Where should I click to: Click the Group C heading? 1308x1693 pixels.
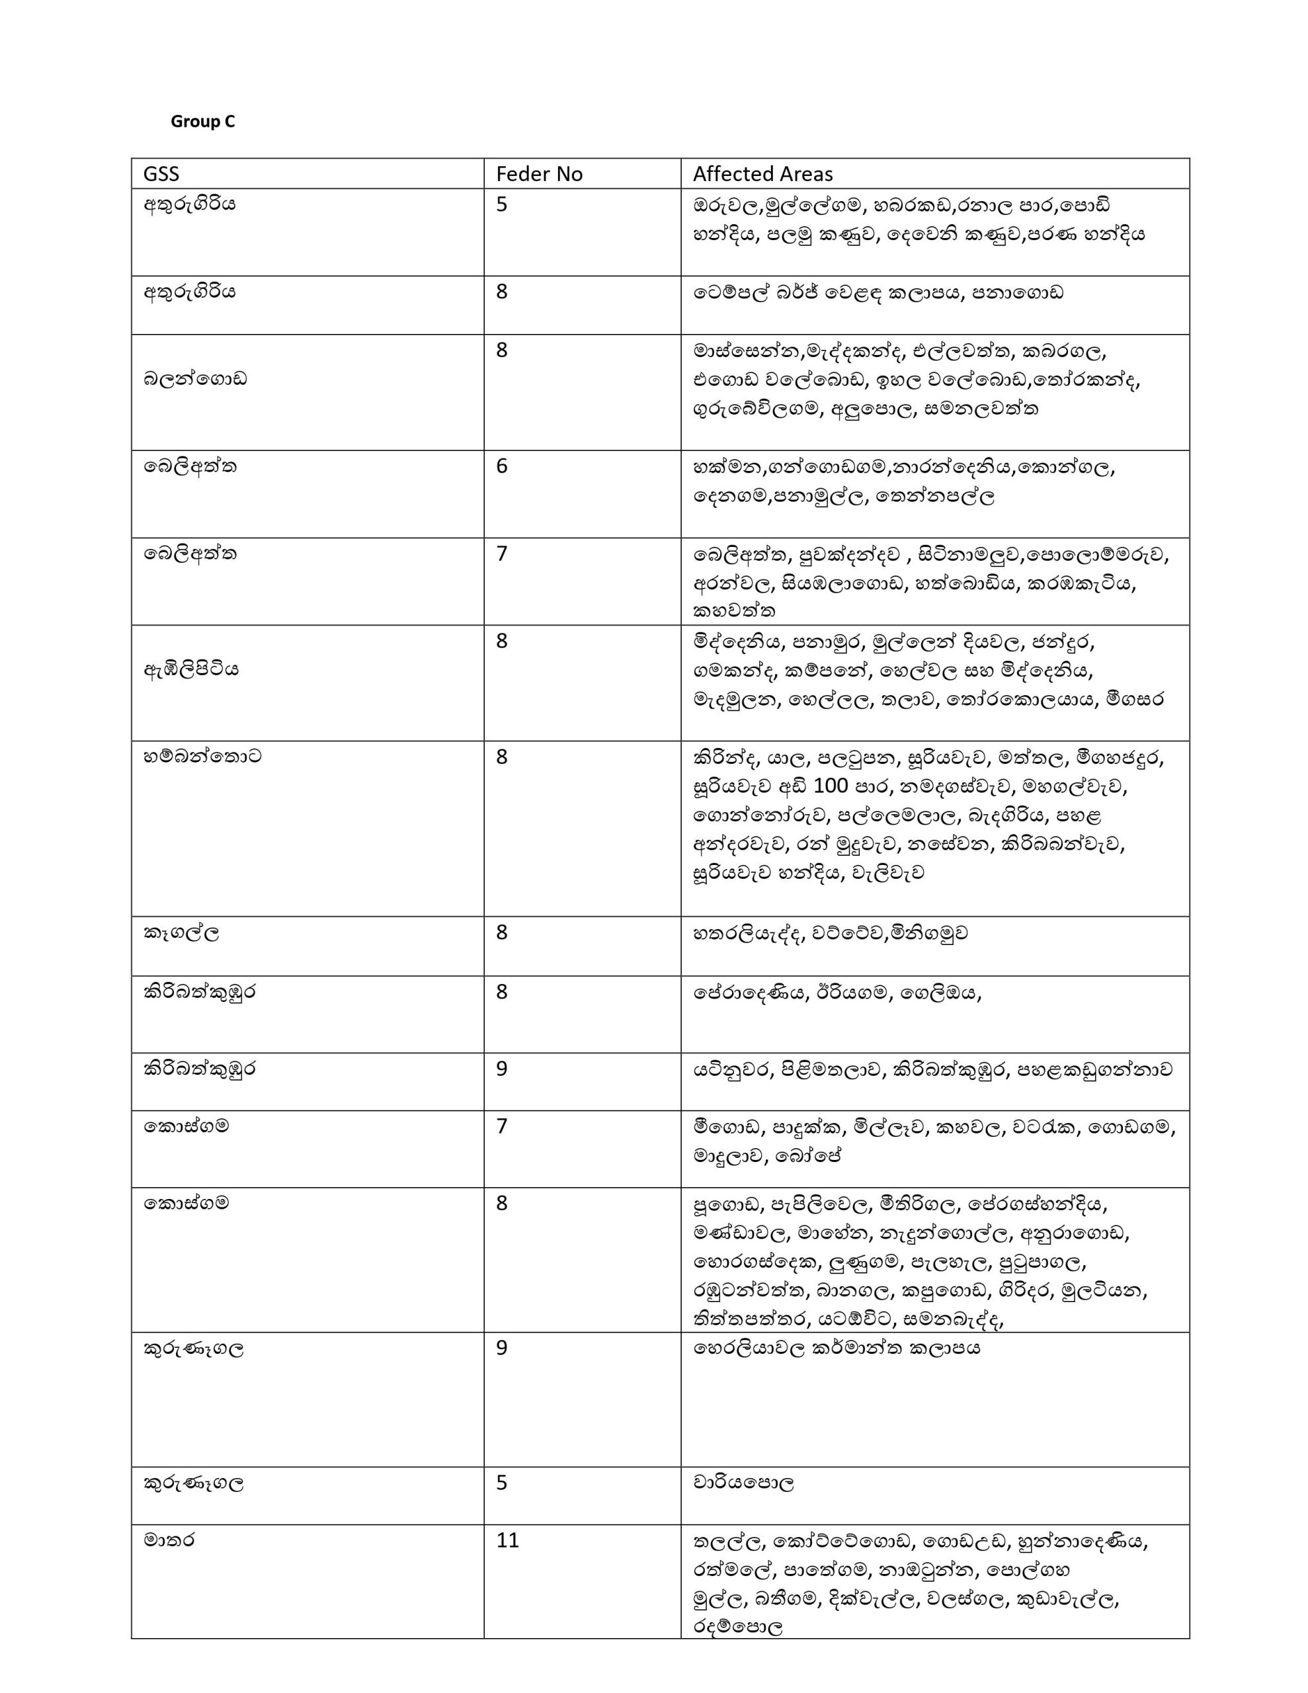click(x=202, y=122)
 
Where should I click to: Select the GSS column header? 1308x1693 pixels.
click(x=161, y=174)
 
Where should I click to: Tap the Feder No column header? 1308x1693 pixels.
click(x=539, y=174)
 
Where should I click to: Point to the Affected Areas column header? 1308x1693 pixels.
click(x=763, y=174)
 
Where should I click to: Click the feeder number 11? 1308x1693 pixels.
click(x=507, y=1540)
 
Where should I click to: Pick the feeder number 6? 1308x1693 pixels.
click(x=502, y=466)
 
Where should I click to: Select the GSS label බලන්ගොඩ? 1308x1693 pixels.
click(x=194, y=379)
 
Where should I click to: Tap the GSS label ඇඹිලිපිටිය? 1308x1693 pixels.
click(x=190, y=668)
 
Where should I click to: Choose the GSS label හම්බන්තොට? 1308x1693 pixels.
click(x=202, y=756)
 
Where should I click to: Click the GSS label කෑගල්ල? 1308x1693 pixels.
click(x=181, y=932)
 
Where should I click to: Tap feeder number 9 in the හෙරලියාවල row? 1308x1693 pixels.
click(x=502, y=1348)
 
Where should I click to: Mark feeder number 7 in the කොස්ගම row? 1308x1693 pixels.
click(x=502, y=1126)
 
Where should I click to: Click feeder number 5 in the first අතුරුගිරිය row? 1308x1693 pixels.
click(x=502, y=204)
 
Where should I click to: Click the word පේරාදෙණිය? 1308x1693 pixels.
click(x=743, y=992)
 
